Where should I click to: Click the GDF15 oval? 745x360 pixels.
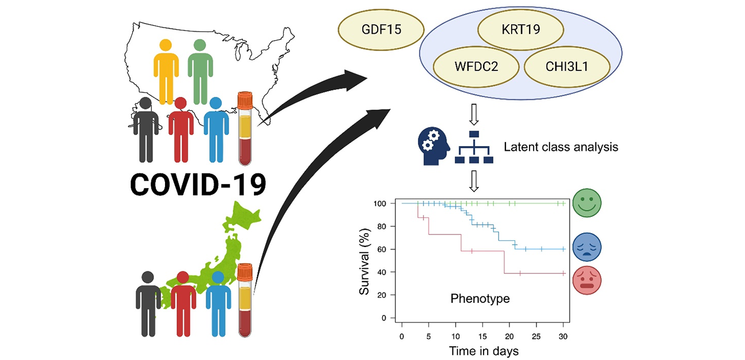374,29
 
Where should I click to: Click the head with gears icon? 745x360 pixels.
433,146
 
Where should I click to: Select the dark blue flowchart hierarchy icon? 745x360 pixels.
474,147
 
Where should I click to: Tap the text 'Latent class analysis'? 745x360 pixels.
561,147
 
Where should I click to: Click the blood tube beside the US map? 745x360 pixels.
245,128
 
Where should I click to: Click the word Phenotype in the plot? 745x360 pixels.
480,299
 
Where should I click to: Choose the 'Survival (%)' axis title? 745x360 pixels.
364,260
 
